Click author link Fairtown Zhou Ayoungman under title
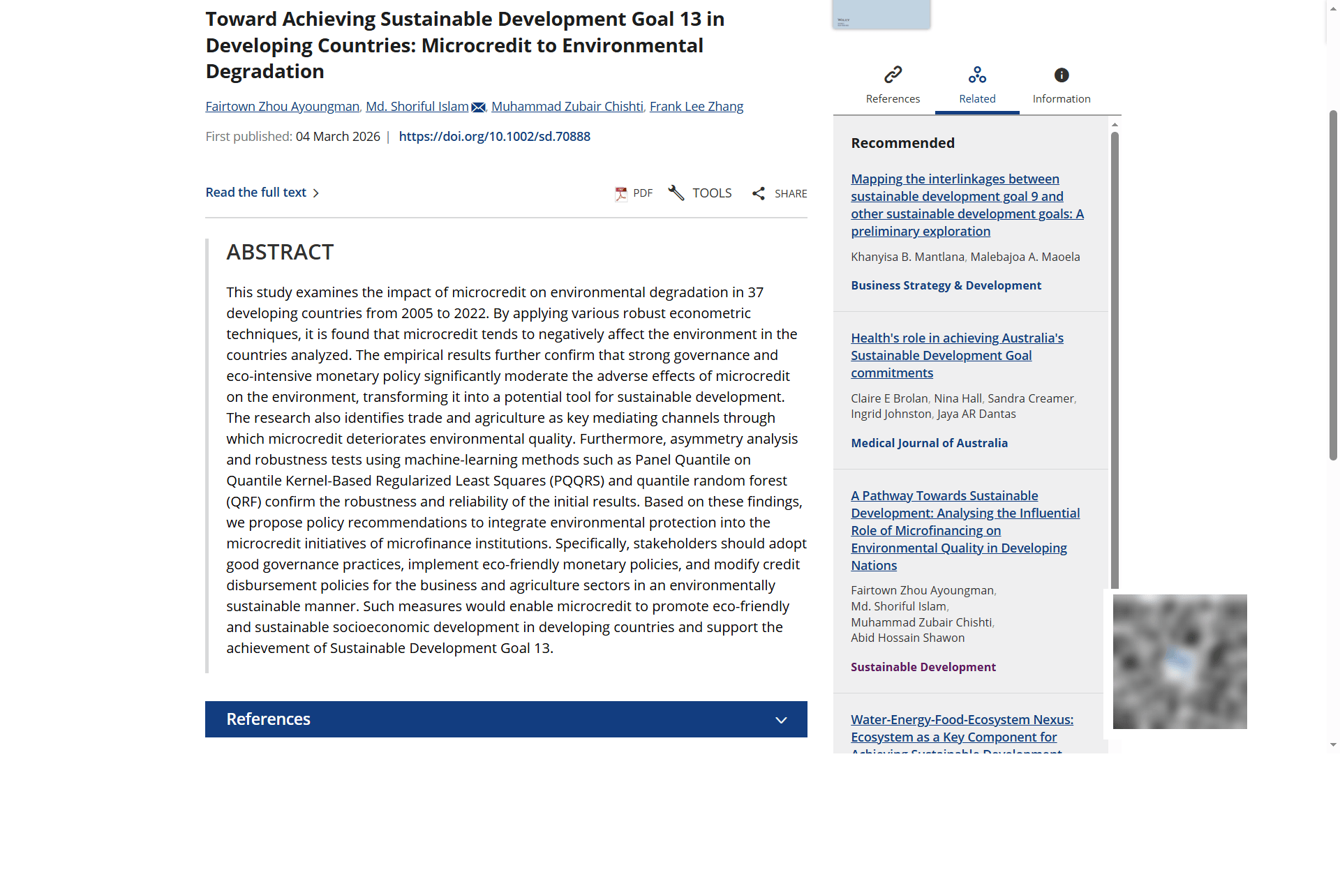pos(282,107)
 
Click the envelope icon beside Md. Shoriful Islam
pos(478,107)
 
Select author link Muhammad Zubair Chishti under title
pos(567,107)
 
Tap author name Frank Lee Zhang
pos(696,107)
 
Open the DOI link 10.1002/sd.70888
pos(494,137)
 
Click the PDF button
pos(634,193)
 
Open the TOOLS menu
pos(700,193)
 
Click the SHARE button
pos(780,193)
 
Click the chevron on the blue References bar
pos(781,720)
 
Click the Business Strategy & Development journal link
pos(946,285)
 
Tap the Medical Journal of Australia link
pos(929,443)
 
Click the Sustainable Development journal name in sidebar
pos(923,667)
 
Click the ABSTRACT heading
pos(280,252)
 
